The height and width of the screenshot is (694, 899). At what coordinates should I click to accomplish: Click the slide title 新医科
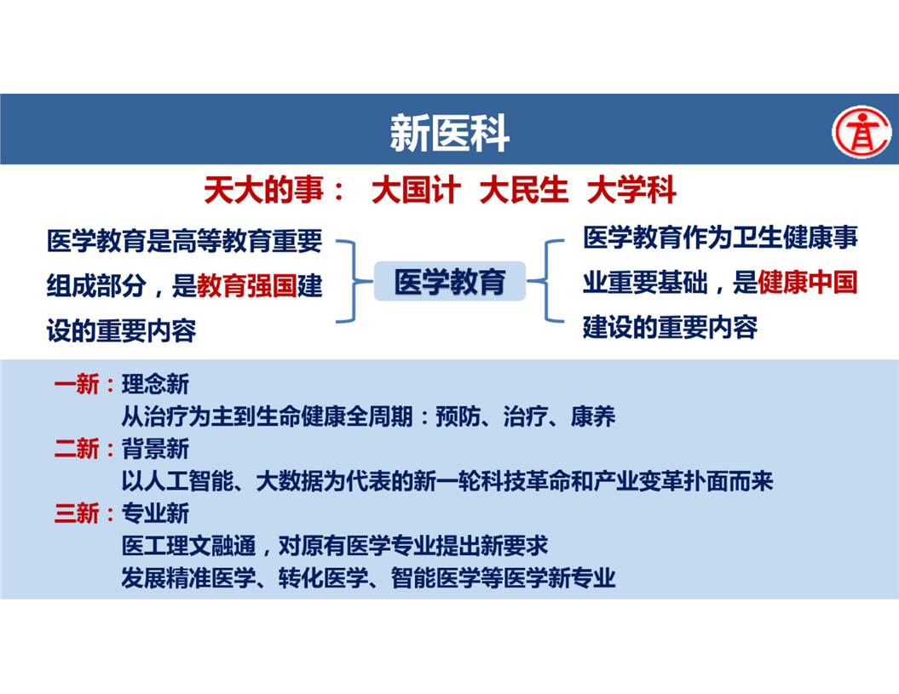tap(450, 133)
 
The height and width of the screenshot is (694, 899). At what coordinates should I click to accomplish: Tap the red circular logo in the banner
tap(862, 132)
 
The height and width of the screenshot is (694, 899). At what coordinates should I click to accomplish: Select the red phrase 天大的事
tap(264, 190)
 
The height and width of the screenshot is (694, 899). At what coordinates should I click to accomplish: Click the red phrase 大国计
tap(416, 190)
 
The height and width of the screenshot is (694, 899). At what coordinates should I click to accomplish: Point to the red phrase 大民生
tap(523, 190)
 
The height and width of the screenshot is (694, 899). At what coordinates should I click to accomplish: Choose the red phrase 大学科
tap(631, 190)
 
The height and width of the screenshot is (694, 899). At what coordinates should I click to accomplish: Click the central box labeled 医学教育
tap(450, 281)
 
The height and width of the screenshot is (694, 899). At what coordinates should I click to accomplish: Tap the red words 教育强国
tap(247, 286)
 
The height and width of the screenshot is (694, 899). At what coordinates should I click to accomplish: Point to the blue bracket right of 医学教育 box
tap(545, 281)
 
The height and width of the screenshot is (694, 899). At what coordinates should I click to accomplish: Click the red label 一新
tap(76, 384)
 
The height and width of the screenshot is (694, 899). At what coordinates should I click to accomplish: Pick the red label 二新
tap(76, 449)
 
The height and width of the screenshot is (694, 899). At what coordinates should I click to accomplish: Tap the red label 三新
tap(76, 513)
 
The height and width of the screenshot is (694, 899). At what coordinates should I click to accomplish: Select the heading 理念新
tap(155, 384)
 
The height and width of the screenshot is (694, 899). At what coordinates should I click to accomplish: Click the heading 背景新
tap(155, 449)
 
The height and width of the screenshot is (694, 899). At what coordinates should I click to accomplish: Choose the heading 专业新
tap(155, 513)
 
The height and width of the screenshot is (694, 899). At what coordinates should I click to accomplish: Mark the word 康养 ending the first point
tap(593, 416)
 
